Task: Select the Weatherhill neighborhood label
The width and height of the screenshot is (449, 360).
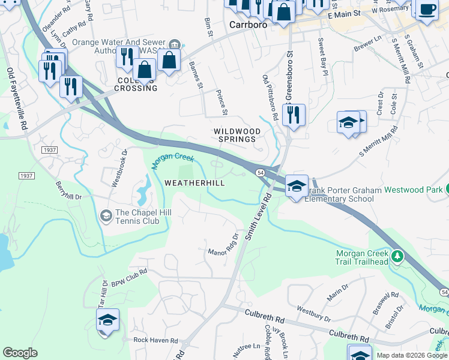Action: [194, 182]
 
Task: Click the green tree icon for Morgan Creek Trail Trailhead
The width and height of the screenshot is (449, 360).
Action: [397, 257]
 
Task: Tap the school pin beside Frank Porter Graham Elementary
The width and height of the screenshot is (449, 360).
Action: [297, 186]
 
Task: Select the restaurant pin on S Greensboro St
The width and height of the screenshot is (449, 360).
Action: [294, 115]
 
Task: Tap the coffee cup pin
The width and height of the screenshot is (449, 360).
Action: [427, 10]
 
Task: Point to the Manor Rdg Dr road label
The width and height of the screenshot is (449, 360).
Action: [223, 244]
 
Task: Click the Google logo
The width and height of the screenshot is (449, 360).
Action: [20, 353]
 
